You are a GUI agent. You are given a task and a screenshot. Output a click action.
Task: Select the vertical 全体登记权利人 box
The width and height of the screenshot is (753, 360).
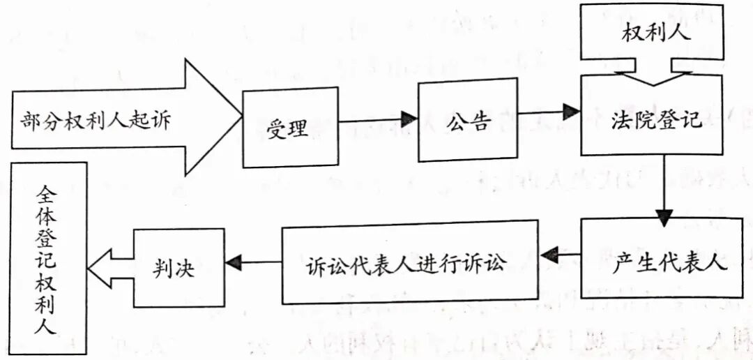(48, 258)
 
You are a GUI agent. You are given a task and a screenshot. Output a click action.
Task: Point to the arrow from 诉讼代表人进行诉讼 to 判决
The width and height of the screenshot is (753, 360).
(252, 262)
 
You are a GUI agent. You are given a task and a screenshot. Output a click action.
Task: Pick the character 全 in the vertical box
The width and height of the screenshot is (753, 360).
(49, 190)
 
